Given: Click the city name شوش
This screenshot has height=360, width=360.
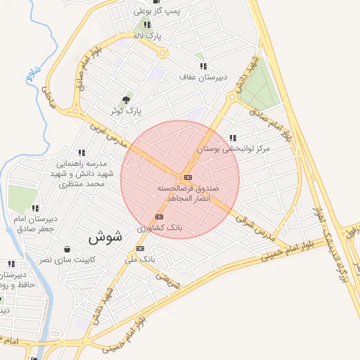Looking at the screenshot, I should coord(105,238).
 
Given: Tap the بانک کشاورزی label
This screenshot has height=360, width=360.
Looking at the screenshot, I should coord(160,228).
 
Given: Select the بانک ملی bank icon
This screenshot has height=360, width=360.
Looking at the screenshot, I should coord(141,248).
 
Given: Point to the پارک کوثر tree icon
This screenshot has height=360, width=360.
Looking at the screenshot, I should coord(127,100).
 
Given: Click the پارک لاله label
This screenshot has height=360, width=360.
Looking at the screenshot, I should coord(148,35).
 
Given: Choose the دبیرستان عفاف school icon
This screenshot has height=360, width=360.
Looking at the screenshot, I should coord(202,66).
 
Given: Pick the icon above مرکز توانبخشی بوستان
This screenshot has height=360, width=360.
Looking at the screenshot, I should coord(233,138).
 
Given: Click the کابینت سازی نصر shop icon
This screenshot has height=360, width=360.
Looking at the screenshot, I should coord(67,249).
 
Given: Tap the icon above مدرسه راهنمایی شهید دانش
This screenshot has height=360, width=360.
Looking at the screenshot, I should coord(82,153).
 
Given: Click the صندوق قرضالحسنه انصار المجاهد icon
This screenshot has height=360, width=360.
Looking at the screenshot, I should coord(188,178).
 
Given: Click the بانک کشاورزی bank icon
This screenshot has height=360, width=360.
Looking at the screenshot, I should coord(159,217).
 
